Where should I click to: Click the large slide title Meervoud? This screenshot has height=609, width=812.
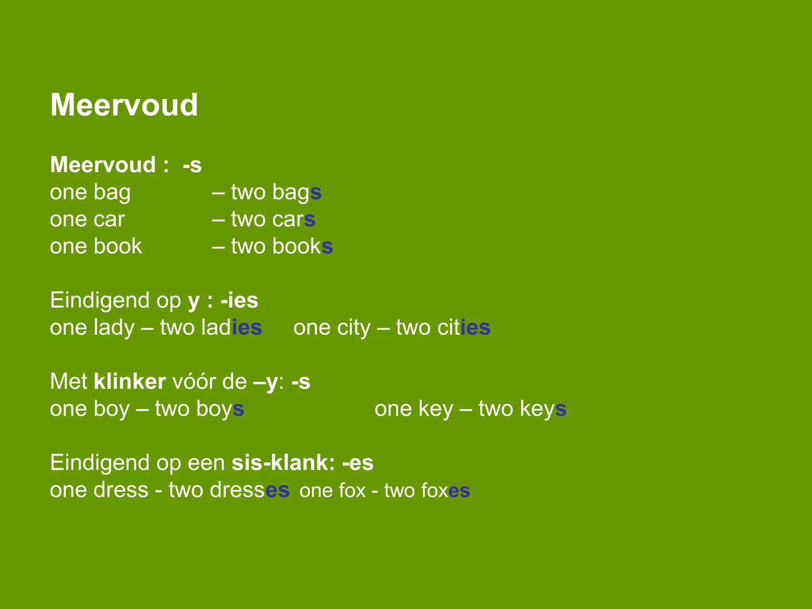(x=124, y=105)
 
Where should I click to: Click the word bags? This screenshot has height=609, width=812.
(x=297, y=193)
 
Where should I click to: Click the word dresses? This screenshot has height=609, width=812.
(x=249, y=490)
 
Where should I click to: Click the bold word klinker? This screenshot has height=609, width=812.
(x=130, y=382)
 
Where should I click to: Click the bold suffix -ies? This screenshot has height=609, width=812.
(x=239, y=301)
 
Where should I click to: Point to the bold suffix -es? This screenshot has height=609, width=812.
(x=358, y=463)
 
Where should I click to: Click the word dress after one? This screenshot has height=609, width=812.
(x=124, y=490)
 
